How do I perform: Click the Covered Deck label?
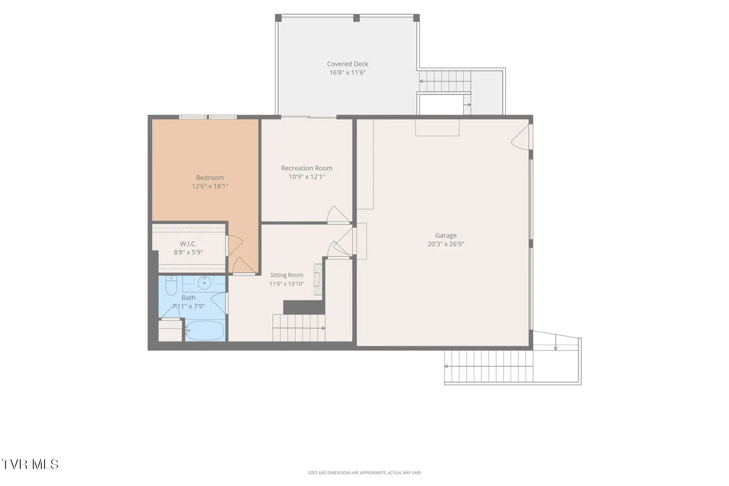pos(347,64)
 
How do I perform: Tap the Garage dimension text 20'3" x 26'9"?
pos(445,244)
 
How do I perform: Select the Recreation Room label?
pos(306,168)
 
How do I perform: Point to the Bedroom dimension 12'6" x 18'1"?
pos(210,186)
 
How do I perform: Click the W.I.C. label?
pos(188,243)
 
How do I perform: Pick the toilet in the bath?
pos(171,285)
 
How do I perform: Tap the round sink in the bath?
pos(204,283)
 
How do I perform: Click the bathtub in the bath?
pos(205,331)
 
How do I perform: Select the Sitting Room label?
pos(286,275)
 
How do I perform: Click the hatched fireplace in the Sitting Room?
pos(318,279)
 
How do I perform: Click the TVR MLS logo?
pos(30,464)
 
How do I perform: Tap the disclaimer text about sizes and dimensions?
pos(364,472)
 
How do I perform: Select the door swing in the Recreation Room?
pos(338,215)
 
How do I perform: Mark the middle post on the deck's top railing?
pos(356,18)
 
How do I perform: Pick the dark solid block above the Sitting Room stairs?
pos(304,307)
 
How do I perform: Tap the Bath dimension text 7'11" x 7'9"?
pos(189,306)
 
